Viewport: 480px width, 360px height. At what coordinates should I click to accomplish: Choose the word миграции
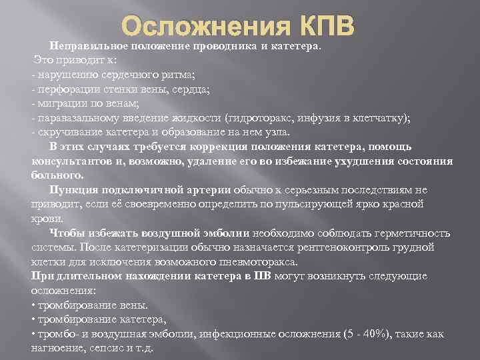[59, 103]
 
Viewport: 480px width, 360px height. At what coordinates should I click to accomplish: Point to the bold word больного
[57, 175]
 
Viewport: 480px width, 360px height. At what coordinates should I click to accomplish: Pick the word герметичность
[410, 233]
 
